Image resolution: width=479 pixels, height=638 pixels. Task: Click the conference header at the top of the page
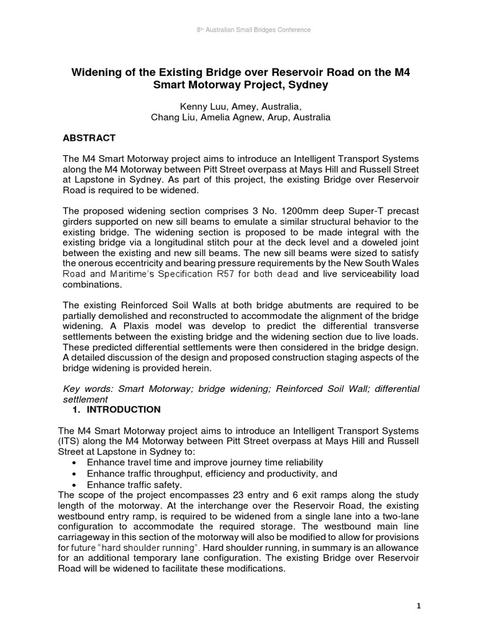(x=239, y=29)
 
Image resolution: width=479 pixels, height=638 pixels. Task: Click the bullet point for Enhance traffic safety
(x=75, y=485)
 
